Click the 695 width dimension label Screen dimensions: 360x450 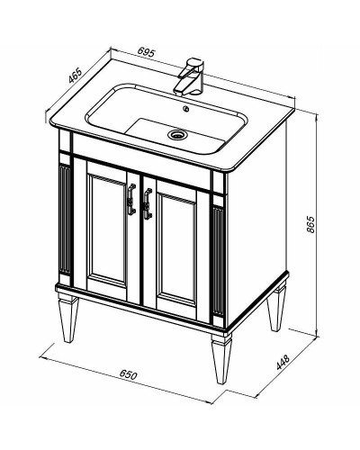[146, 52]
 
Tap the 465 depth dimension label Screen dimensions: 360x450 [75, 76]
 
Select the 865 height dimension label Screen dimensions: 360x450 [310, 224]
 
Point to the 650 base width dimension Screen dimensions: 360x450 [128, 375]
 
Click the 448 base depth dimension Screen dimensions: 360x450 [283, 363]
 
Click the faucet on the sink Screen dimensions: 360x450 [190, 76]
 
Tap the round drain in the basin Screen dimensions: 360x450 [177, 135]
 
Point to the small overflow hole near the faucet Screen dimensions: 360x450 [186, 109]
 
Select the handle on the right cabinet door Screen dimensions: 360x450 [148, 203]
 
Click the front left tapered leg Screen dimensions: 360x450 [69, 317]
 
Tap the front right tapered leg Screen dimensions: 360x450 [221, 357]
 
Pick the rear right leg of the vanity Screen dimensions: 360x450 [276, 309]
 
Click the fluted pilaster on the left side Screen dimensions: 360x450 [65, 219]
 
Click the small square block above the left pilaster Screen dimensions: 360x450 [65, 142]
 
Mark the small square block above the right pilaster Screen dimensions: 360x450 [219, 184]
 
